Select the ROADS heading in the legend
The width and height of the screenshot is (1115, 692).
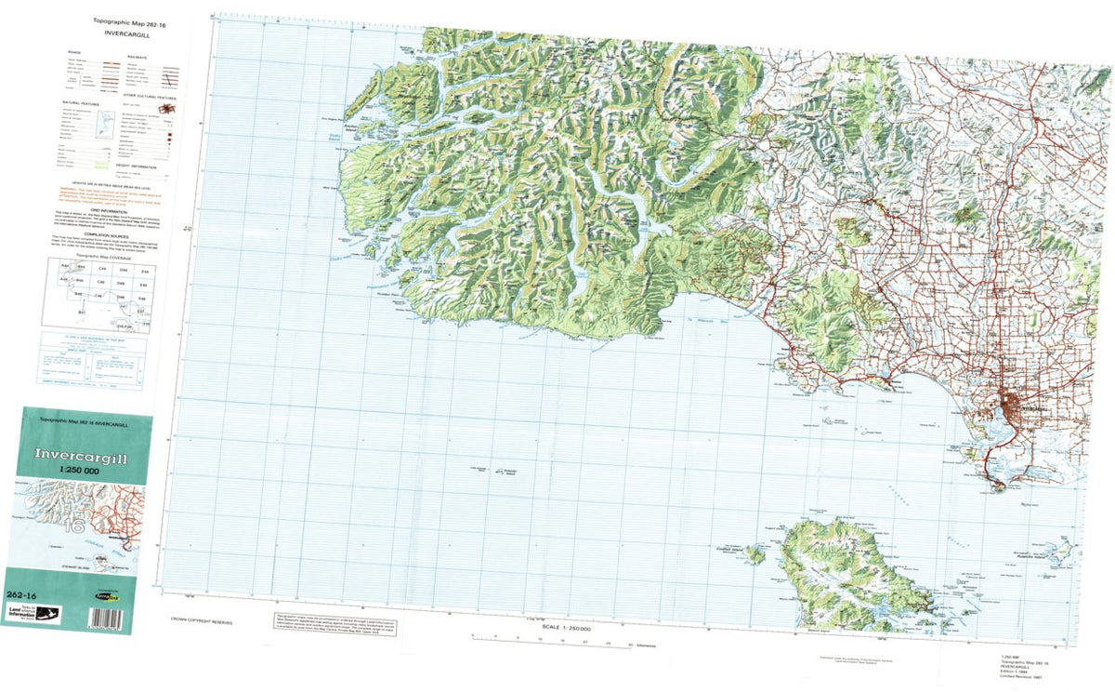73,53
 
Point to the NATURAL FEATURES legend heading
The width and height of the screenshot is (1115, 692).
78,102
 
